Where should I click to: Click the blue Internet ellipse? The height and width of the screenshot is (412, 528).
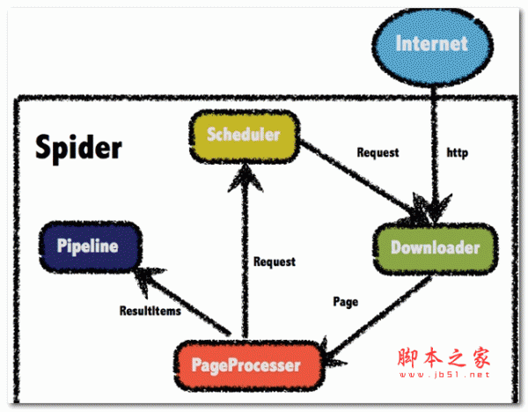click(x=431, y=43)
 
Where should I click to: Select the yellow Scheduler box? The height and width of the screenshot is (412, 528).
click(x=243, y=136)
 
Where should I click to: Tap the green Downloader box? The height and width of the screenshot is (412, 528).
click(x=435, y=248)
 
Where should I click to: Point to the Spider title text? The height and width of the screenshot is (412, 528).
click(x=78, y=148)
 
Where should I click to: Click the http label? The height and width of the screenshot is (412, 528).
click(x=458, y=152)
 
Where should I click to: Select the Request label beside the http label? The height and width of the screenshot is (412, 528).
click(x=378, y=152)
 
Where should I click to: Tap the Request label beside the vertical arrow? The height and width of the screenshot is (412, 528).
click(x=275, y=261)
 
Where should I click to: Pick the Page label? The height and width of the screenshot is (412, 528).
click(x=346, y=302)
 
